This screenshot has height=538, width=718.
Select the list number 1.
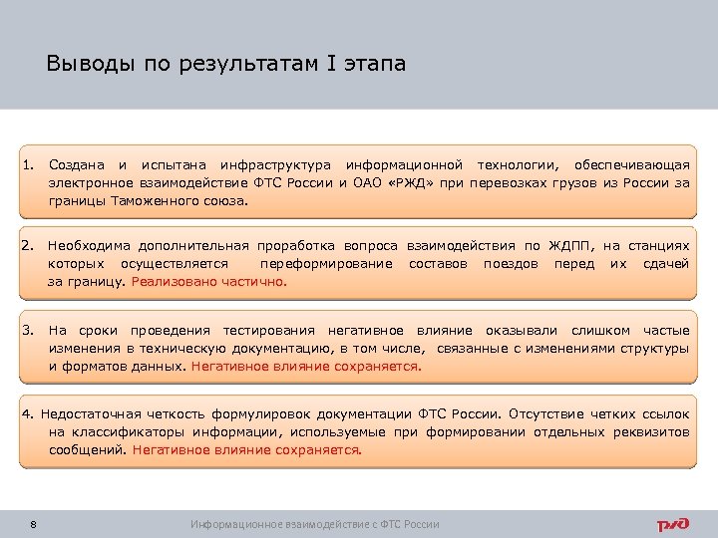click(30, 163)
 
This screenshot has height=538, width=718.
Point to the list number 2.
click(30, 245)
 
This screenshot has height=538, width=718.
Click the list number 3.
click(30, 330)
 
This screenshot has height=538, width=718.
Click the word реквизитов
click(652, 431)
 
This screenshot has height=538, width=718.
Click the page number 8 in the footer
click(34, 524)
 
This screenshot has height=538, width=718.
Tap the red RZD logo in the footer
click(671, 524)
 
